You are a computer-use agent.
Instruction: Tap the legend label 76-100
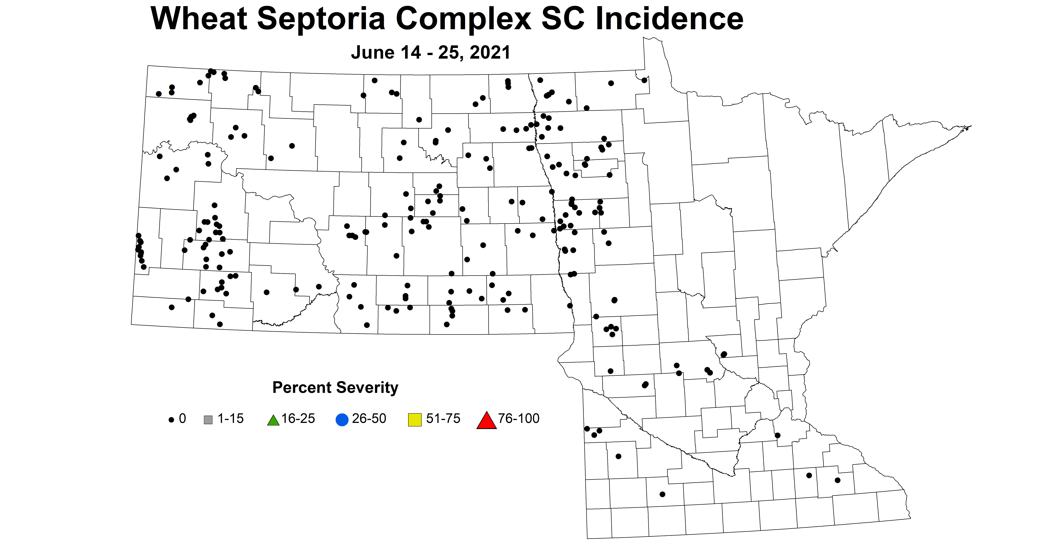click(x=519, y=419)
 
